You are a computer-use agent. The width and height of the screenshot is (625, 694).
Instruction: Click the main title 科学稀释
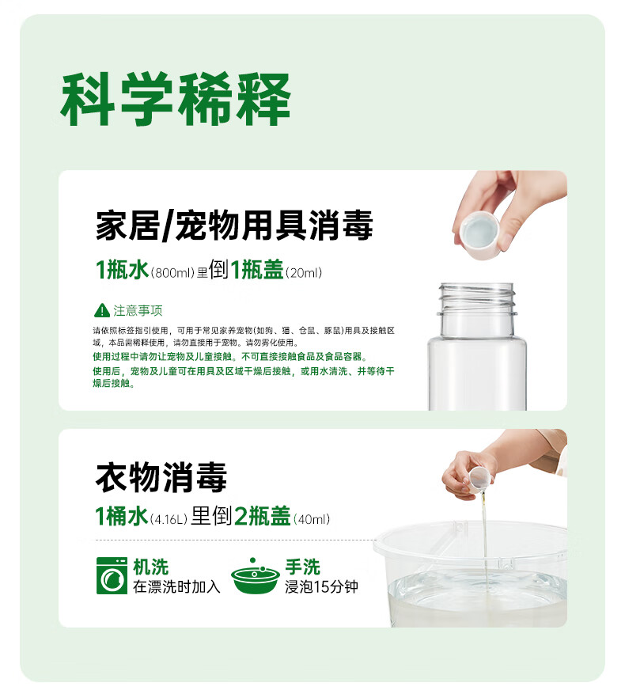pyautogui.click(x=176, y=99)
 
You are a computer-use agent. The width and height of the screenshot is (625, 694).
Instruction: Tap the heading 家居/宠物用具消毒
pyautogui.click(x=234, y=226)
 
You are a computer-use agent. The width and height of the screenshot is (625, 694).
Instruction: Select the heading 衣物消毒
pyautogui.click(x=161, y=477)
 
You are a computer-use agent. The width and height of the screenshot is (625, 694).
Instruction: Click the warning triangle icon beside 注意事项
pyautogui.click(x=102, y=310)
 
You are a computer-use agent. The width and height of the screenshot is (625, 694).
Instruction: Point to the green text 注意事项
pyautogui.click(x=138, y=310)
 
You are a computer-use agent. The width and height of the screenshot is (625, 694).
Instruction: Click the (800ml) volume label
pyautogui.click(x=172, y=272)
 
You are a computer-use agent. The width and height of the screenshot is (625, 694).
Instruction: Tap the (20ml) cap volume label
pyautogui.click(x=304, y=272)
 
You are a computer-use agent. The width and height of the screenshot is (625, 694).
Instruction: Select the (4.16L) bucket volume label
pyautogui.click(x=169, y=519)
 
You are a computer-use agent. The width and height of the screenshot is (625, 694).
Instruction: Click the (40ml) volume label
pyautogui.click(x=312, y=519)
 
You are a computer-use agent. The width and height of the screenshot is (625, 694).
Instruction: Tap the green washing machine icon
pyautogui.click(x=112, y=575)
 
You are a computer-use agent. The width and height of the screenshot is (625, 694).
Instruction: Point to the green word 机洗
pyautogui.click(x=150, y=567)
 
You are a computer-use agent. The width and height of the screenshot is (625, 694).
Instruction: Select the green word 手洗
pyautogui.click(x=302, y=567)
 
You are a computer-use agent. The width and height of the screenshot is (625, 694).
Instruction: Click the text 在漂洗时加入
pyautogui.click(x=176, y=586)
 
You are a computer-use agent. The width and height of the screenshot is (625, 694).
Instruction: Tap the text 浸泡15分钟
pyautogui.click(x=321, y=586)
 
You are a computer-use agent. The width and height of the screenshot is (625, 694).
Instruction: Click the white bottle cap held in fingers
pyautogui.click(x=480, y=234)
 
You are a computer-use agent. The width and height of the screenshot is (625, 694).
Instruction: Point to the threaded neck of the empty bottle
pyautogui.click(x=477, y=299)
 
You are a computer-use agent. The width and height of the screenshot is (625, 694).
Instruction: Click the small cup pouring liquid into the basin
pyautogui.click(x=480, y=480)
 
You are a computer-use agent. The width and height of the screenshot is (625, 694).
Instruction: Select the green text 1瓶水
pyautogui.click(x=122, y=270)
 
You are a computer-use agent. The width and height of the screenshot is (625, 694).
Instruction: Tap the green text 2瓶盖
pyautogui.click(x=262, y=516)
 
